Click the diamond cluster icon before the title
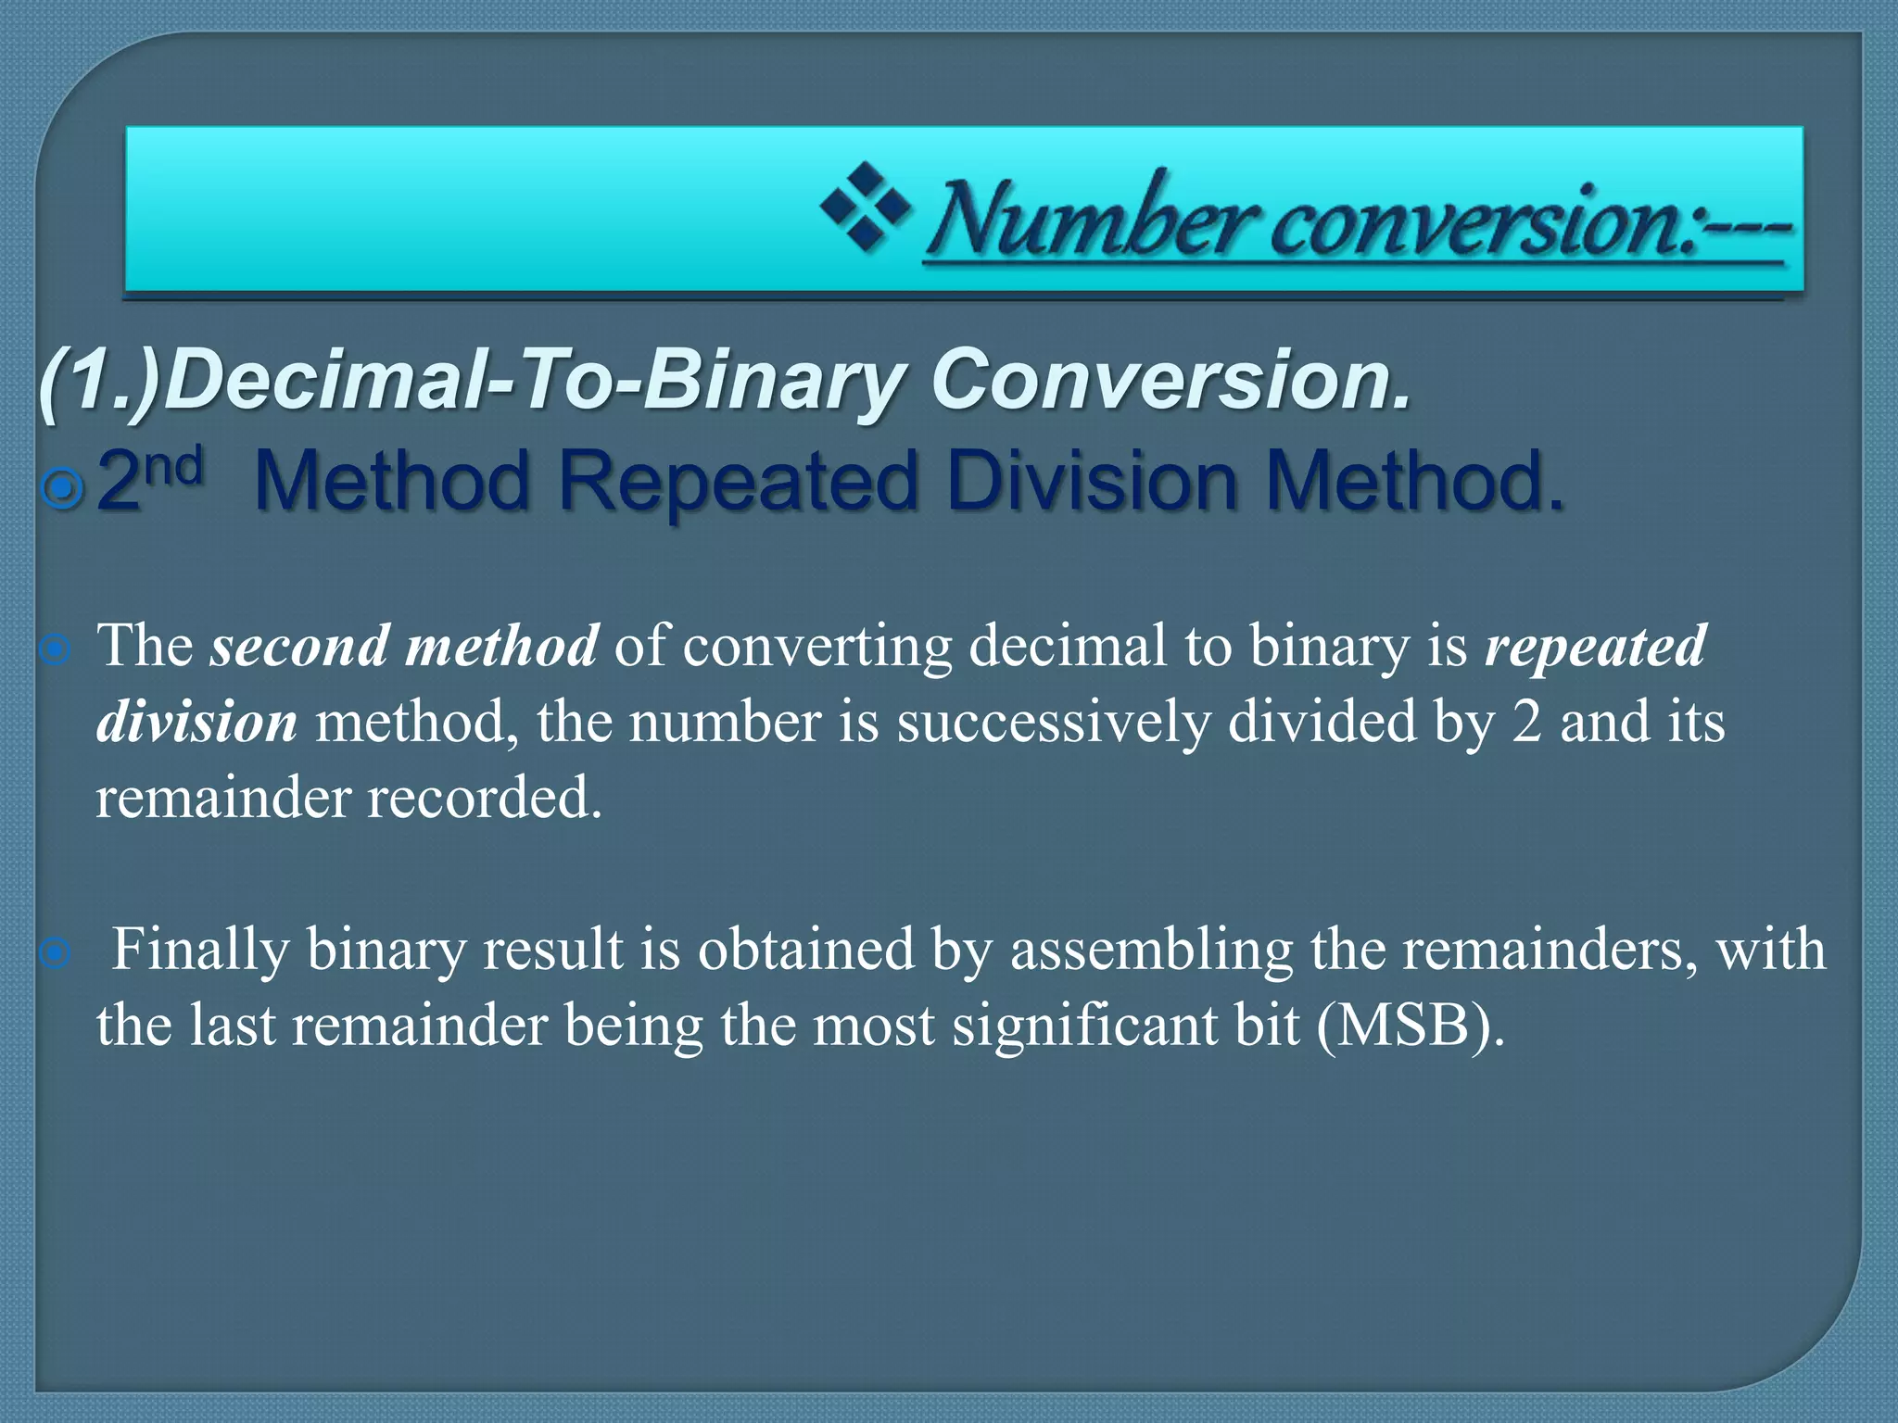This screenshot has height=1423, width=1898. point(865,207)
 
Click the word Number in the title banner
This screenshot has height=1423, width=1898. point(1094,220)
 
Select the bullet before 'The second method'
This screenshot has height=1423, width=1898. point(56,650)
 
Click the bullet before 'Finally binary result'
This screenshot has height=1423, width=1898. point(56,952)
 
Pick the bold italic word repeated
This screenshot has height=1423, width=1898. point(1595,646)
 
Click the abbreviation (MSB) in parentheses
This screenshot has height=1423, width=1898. point(1409,1026)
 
